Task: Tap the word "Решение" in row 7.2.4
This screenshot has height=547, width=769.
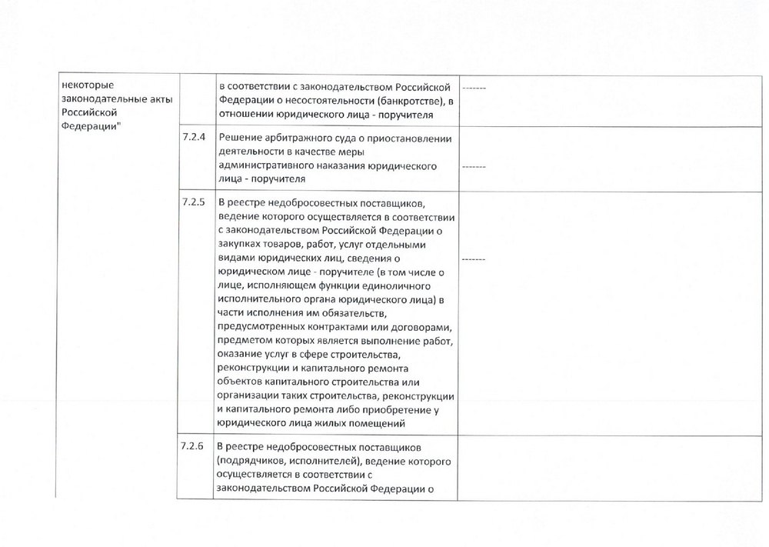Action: (238, 138)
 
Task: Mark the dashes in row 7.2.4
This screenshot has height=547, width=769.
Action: (473, 166)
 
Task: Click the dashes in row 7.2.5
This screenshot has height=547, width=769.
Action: (473, 259)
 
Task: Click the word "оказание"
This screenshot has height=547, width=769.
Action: (241, 355)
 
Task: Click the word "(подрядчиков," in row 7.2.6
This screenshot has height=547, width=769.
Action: (251, 460)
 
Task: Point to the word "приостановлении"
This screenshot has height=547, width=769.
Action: (409, 138)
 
